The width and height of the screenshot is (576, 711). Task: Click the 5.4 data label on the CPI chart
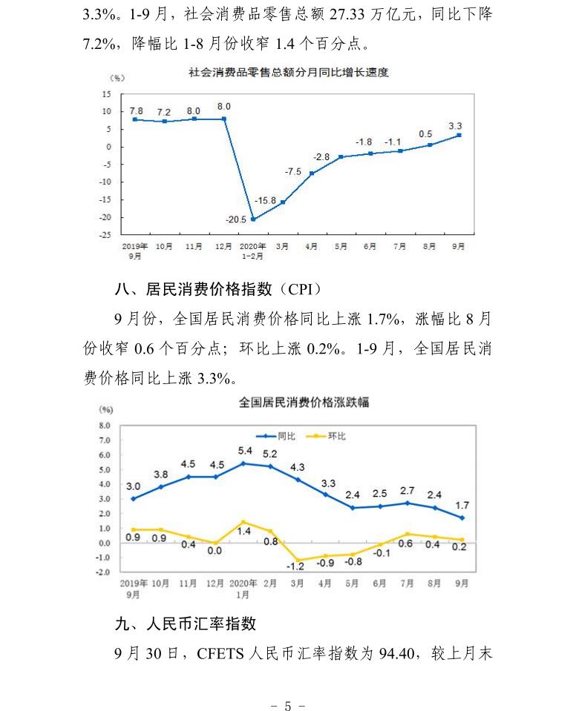[x=244, y=450]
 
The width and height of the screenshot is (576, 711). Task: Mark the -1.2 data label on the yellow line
[x=297, y=566]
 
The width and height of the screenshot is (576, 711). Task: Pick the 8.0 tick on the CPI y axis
[x=105, y=426]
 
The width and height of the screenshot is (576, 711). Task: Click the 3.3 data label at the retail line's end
[x=456, y=125]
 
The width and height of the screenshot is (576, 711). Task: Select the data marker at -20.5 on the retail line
[x=253, y=219]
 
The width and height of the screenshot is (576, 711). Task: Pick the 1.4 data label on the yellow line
[x=244, y=532]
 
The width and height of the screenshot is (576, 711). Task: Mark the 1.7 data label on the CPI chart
[x=462, y=506]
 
